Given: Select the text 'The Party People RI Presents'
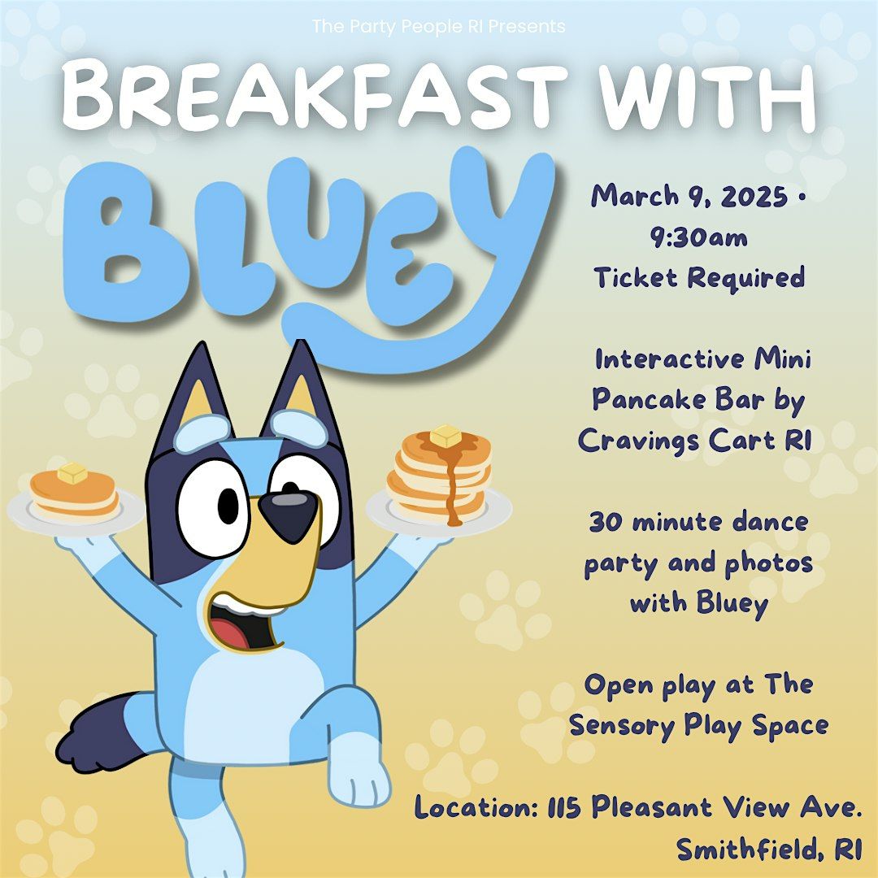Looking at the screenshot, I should click(x=438, y=27).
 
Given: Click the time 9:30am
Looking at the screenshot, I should click(x=699, y=237).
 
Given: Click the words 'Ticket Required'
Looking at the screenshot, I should click(x=699, y=278).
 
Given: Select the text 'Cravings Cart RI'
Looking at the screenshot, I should click(x=695, y=440).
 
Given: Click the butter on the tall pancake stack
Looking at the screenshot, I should click(x=445, y=437).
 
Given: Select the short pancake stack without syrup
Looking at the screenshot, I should click(x=73, y=495).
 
